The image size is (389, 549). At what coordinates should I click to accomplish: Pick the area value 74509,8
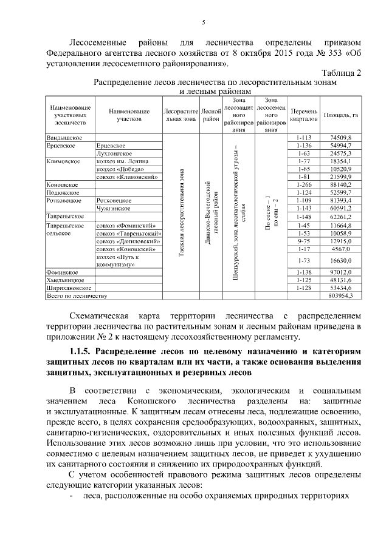coord(340,139)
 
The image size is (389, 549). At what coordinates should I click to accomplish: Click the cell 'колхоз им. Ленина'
coord(122,162)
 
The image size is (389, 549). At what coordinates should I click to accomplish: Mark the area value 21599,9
coord(340,177)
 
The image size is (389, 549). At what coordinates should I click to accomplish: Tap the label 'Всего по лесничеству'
coord(77,295)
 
